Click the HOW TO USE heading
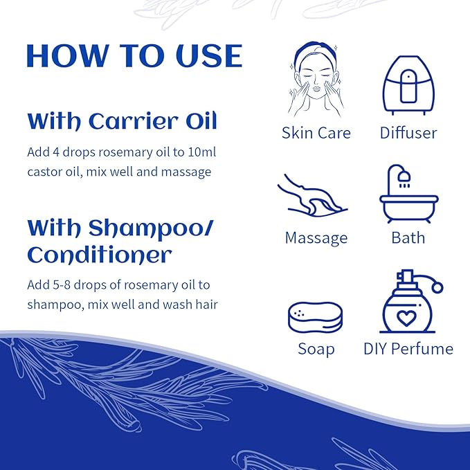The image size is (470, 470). click(134, 57)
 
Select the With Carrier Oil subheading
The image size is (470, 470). click(122, 121)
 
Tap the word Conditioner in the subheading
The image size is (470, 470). click(99, 255)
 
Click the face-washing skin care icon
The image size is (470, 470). click(316, 81)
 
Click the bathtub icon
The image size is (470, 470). click(408, 194)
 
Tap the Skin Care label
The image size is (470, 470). click(316, 133)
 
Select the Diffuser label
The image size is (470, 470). click(408, 133)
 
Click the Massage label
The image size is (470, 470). click(316, 238)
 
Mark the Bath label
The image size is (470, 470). click(408, 238)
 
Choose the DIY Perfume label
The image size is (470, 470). click(408, 348)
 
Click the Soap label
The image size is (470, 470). click(316, 348)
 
